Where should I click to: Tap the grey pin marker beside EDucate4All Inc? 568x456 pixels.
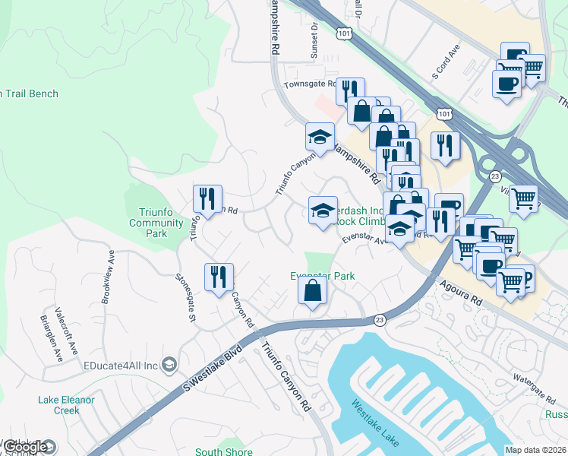point(169,366)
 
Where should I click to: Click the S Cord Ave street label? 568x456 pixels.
point(446,65)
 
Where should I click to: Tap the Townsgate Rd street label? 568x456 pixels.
point(310,84)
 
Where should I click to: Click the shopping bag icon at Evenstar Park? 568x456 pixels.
point(312,290)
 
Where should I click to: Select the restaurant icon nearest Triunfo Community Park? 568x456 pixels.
point(207,199)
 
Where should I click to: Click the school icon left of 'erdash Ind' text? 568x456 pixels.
point(323,210)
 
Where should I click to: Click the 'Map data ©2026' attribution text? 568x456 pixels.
point(535,450)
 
